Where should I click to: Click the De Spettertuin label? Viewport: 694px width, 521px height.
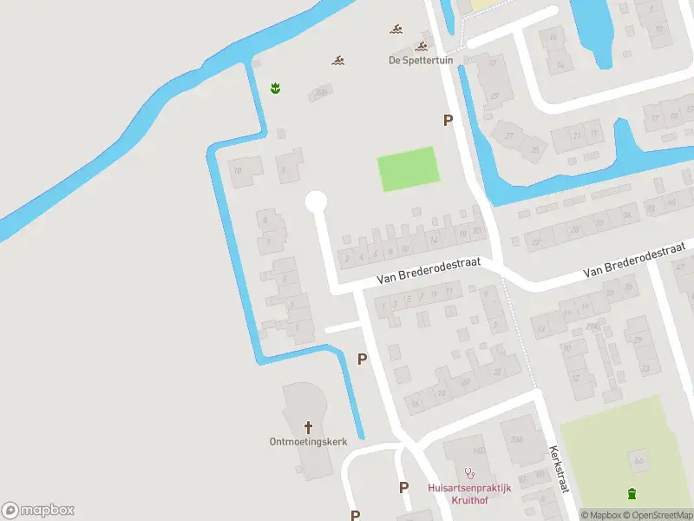click(x=414, y=60)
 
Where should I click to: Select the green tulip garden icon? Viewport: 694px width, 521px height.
click(x=275, y=87)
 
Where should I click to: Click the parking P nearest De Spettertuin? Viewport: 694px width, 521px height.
click(x=448, y=121)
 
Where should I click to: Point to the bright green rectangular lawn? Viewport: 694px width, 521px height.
click(x=408, y=168)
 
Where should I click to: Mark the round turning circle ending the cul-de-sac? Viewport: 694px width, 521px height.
click(x=315, y=201)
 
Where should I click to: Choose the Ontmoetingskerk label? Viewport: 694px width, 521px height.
click(x=308, y=441)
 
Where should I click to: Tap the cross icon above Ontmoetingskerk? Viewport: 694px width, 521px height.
click(x=308, y=426)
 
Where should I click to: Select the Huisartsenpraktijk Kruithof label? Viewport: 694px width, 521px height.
click(x=469, y=494)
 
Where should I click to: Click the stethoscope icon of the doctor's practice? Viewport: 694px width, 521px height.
click(x=470, y=473)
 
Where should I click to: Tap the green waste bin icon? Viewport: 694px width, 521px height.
click(x=632, y=494)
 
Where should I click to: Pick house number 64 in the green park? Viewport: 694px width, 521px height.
click(x=638, y=459)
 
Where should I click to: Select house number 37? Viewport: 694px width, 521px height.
click(x=493, y=62)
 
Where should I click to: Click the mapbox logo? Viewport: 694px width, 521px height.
click(x=37, y=511)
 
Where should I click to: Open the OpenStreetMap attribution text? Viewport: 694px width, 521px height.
click(x=661, y=515)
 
